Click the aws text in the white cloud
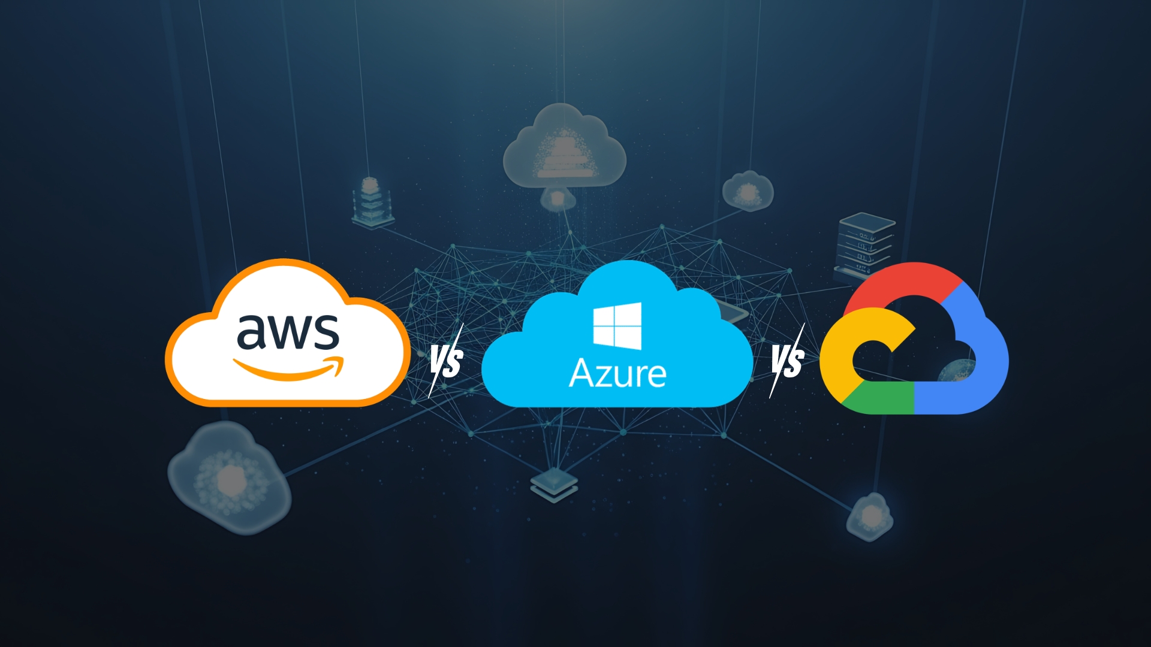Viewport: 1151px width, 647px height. tap(288, 331)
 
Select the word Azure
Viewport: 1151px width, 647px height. tap(617, 373)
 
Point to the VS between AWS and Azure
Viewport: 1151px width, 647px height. tap(447, 361)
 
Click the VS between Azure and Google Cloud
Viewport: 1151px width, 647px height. tap(787, 361)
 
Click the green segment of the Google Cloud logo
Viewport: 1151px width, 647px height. tap(881, 398)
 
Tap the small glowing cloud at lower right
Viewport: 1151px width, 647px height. tap(870, 516)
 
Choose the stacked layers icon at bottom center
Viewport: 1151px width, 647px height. tap(554, 484)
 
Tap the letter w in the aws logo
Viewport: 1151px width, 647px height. tap(288, 333)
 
